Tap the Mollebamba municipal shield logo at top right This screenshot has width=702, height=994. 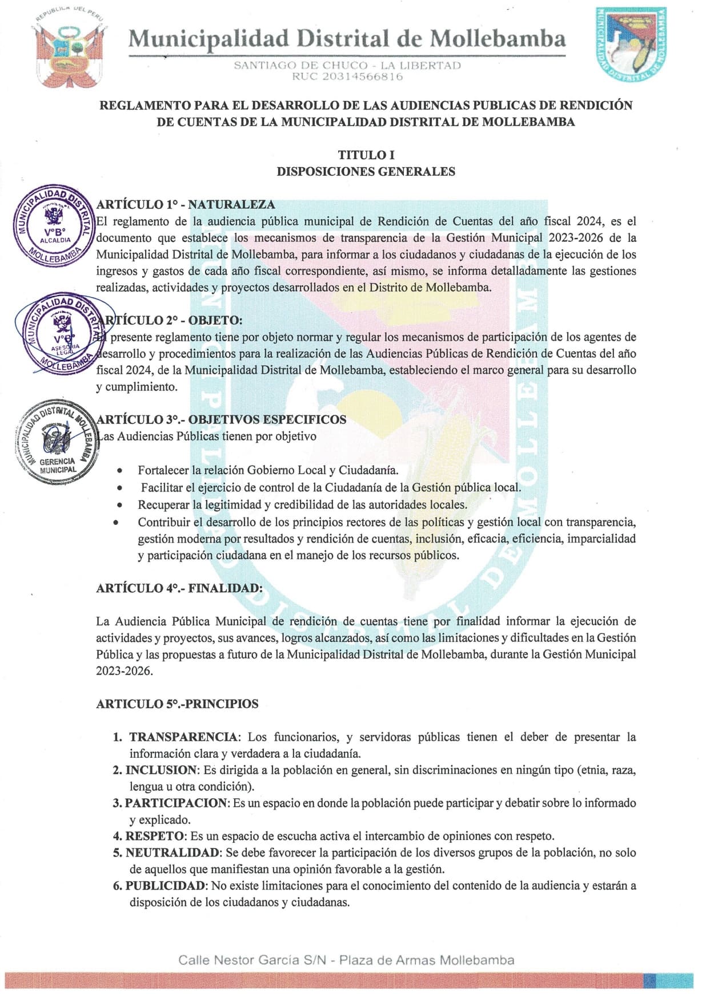(x=631, y=45)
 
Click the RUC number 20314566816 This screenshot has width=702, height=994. (x=347, y=76)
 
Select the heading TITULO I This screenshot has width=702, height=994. (x=366, y=155)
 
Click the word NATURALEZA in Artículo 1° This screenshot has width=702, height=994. (x=231, y=204)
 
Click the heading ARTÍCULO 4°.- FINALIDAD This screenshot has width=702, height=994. (x=179, y=588)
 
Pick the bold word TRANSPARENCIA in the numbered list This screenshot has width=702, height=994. (x=183, y=737)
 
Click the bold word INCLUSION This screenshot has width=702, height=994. (x=161, y=770)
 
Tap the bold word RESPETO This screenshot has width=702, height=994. (x=155, y=836)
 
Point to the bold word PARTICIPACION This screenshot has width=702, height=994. (x=176, y=803)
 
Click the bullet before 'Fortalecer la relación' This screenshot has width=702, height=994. (x=119, y=471)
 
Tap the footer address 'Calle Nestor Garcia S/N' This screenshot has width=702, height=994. (x=252, y=960)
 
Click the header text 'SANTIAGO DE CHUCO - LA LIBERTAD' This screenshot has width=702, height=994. (x=347, y=65)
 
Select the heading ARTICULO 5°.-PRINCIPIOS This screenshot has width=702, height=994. (x=177, y=704)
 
